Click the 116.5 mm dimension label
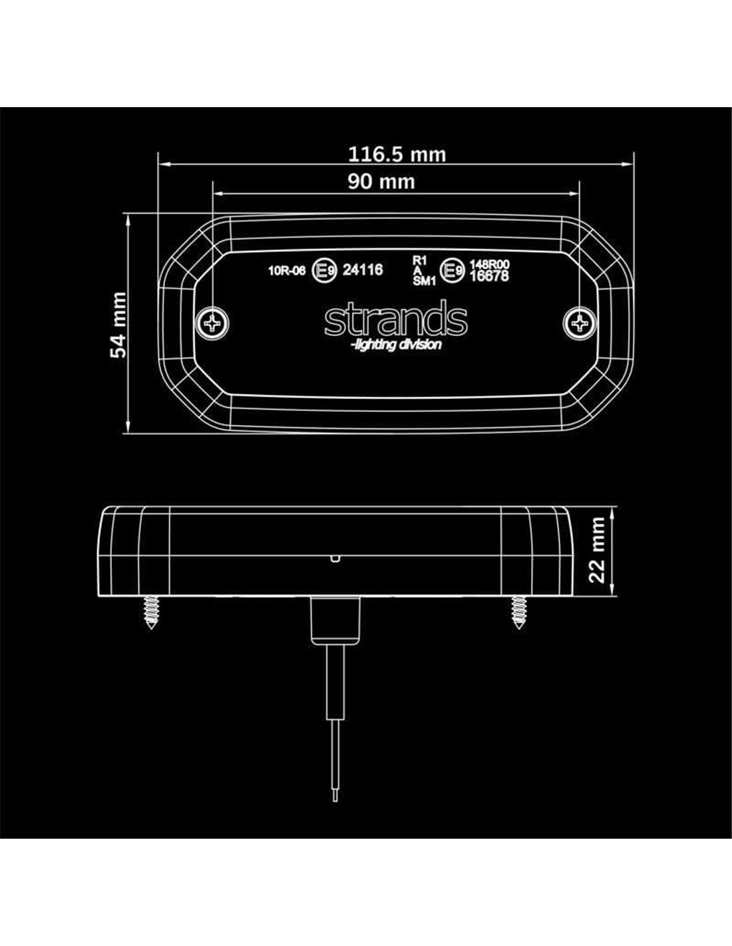[x=397, y=154]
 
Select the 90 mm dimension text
[x=381, y=182]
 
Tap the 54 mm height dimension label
[x=118, y=325]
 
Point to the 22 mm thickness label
[x=596, y=550]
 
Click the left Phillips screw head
[x=213, y=323]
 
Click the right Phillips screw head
[x=580, y=323]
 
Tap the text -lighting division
[x=396, y=345]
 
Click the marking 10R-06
[x=287, y=271]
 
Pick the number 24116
[x=363, y=270]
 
